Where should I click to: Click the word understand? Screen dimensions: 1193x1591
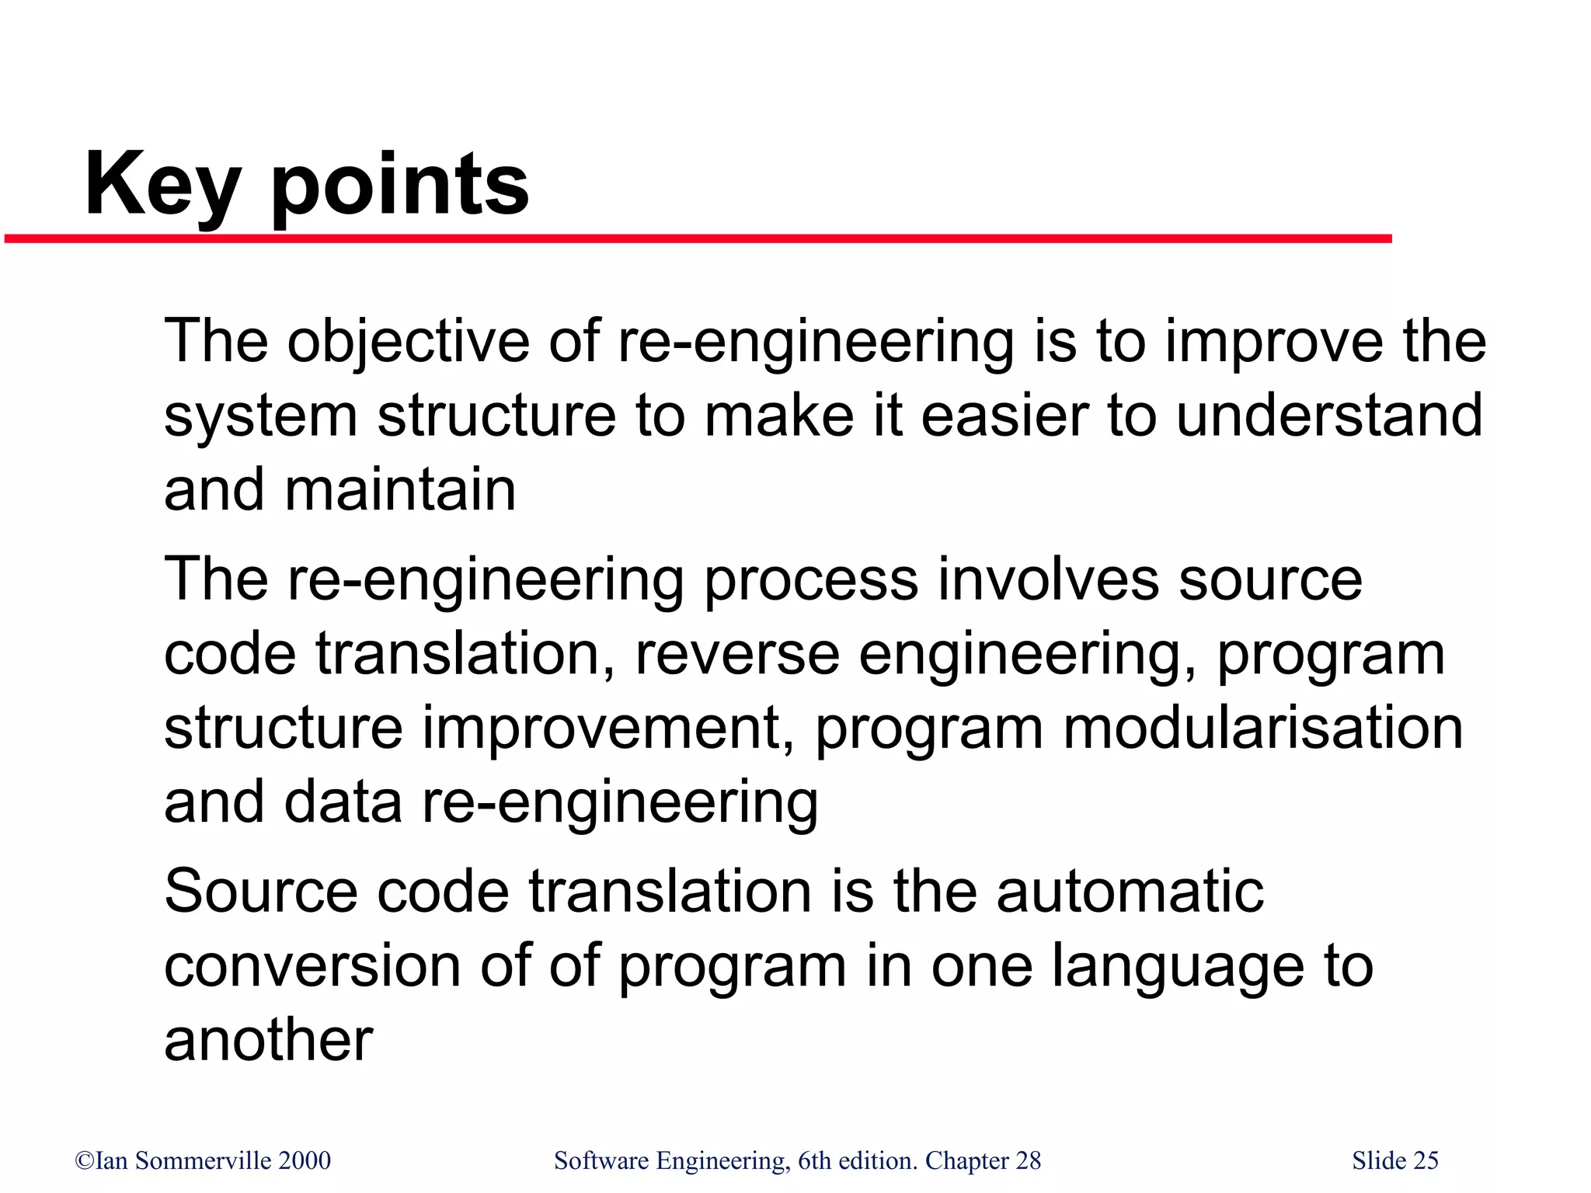pos(1329,416)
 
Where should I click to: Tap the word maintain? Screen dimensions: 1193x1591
pos(400,490)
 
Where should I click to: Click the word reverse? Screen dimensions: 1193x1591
pos(737,654)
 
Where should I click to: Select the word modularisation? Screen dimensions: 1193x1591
pos(1262,728)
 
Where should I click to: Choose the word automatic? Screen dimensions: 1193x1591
pos(1130,891)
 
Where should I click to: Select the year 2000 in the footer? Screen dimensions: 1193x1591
pos(305,1160)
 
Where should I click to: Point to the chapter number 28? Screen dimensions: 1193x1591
pos(1028,1160)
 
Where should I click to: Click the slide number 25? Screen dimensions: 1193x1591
pos(1426,1160)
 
